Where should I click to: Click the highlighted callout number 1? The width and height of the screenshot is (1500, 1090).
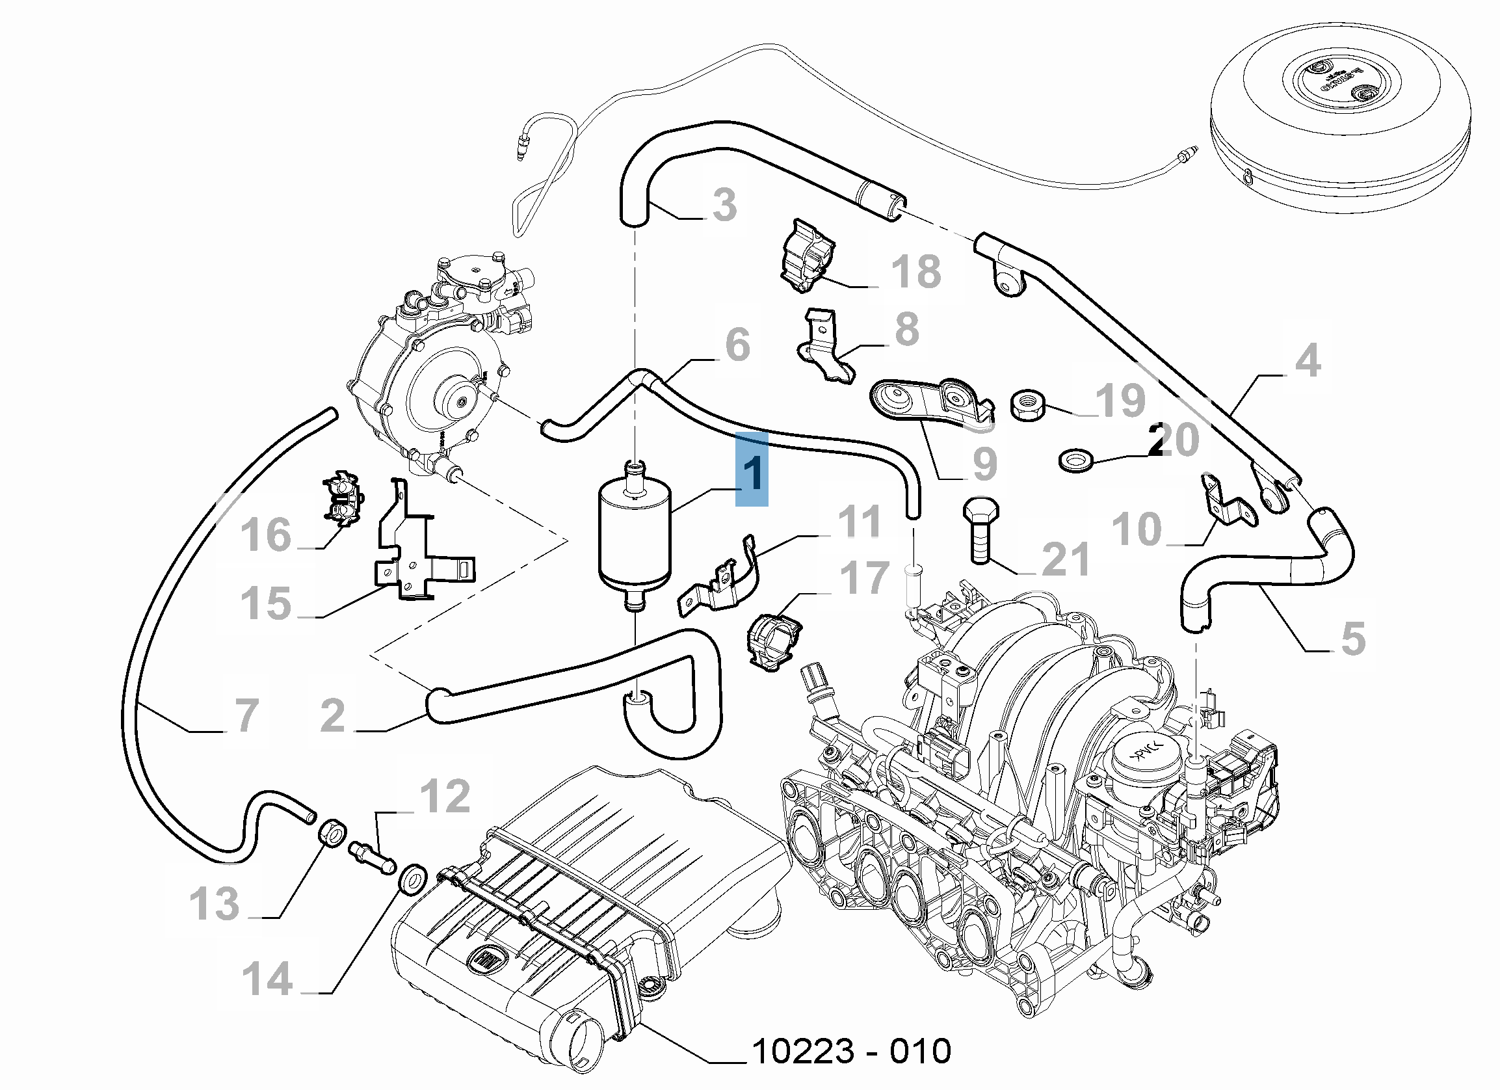pyautogui.click(x=752, y=469)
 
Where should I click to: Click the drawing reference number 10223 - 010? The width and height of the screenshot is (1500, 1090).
pyautogui.click(x=852, y=1050)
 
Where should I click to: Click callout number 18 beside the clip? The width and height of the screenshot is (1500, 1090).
pyautogui.click(x=916, y=271)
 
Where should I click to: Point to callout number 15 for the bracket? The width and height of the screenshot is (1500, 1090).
pyautogui.click(x=266, y=603)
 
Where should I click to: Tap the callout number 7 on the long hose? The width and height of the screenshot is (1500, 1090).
pyautogui.click(x=246, y=715)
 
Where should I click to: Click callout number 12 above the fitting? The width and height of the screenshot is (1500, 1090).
pyautogui.click(x=445, y=795)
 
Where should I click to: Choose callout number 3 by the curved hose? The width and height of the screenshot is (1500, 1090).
pyautogui.click(x=724, y=204)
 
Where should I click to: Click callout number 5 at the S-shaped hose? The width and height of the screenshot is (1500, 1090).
pyautogui.click(x=1353, y=639)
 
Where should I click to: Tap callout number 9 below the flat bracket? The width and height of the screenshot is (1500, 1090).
pyautogui.click(x=985, y=464)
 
